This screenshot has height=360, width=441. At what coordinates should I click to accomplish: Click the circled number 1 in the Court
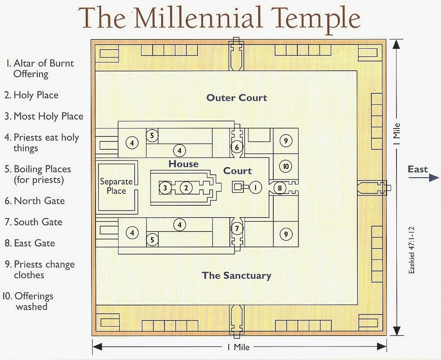click(255, 187)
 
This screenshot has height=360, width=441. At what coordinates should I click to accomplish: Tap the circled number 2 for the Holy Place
click(186, 187)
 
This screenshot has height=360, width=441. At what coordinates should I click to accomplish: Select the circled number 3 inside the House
click(165, 187)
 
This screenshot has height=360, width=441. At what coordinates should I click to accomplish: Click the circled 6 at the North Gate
click(237, 146)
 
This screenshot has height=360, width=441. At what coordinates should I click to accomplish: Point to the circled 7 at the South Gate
click(237, 229)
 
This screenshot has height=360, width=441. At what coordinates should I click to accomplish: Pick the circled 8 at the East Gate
click(280, 188)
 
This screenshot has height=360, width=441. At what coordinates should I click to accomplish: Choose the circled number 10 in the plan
click(286, 166)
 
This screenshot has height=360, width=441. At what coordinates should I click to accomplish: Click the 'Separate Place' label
click(116, 186)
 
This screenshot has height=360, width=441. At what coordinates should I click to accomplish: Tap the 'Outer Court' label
click(237, 98)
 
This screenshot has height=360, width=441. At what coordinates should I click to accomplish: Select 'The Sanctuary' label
click(236, 276)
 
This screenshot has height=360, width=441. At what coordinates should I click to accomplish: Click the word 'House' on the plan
click(184, 164)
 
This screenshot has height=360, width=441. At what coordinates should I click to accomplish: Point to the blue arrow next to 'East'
click(433, 177)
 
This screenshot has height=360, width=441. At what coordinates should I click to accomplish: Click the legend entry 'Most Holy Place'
click(44, 116)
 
